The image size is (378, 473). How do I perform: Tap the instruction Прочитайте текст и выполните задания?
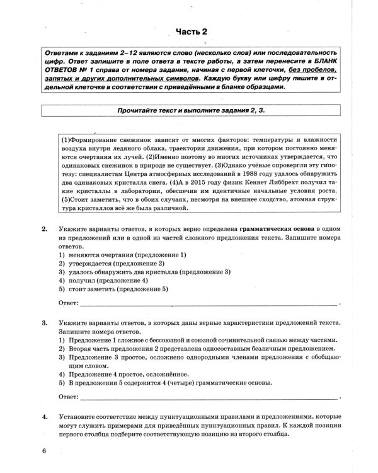(x=190, y=110)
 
